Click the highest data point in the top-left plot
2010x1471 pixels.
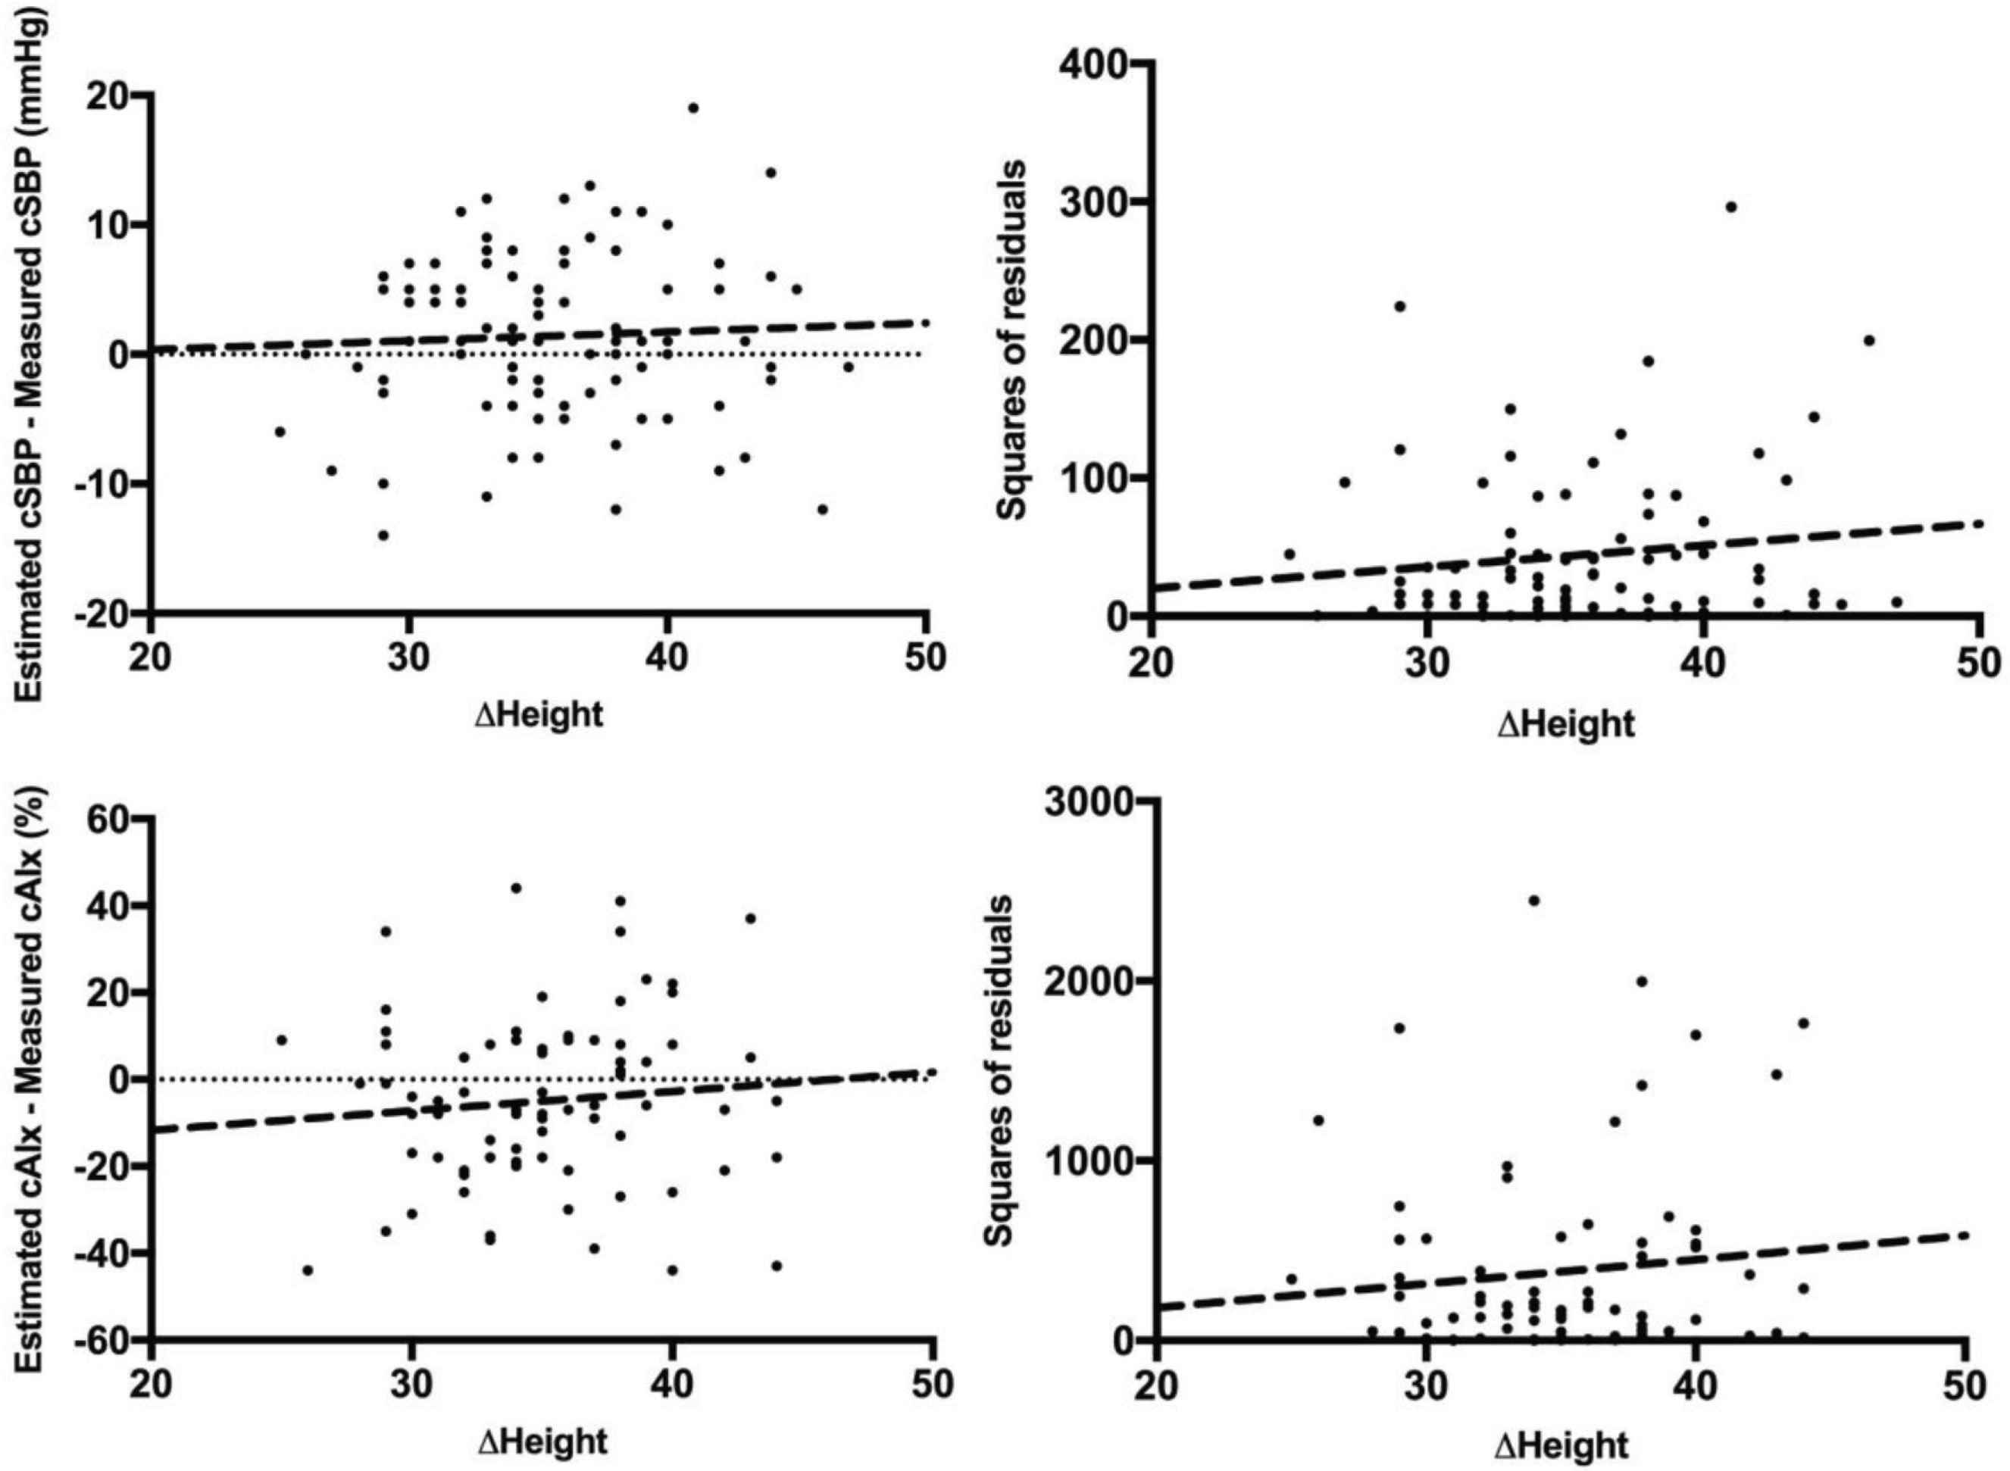(x=693, y=108)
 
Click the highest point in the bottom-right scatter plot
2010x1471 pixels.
(x=1533, y=900)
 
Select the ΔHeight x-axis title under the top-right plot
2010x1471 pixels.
(x=1567, y=724)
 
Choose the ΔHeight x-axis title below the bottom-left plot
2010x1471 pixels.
(x=542, y=1441)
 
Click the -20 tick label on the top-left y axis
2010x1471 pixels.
(x=105, y=614)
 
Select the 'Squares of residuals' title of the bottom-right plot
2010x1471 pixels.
(x=999, y=1072)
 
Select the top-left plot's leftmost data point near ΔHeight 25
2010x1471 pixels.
(x=280, y=432)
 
